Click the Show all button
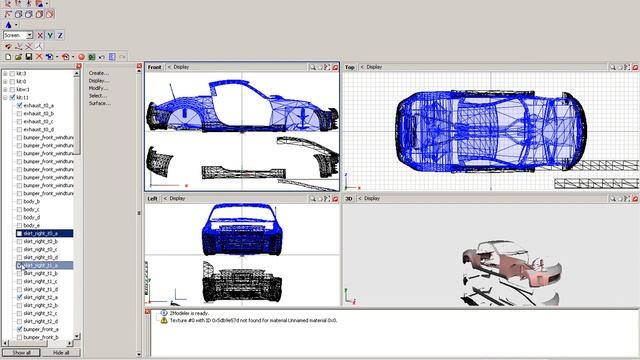coord(21,353)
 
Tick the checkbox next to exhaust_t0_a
coord(19,105)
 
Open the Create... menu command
coord(98,73)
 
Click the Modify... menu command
coord(98,88)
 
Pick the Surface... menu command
coord(99,103)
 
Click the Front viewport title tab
coord(155,67)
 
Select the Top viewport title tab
coord(350,67)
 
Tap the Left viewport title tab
coord(154,198)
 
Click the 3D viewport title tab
coord(350,198)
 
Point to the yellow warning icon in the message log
coord(164,320)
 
